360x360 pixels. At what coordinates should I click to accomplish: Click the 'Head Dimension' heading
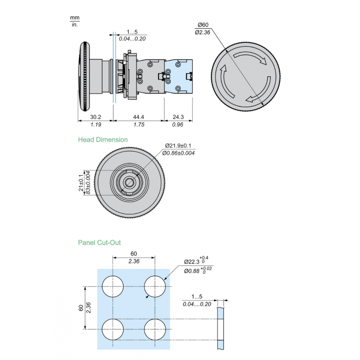(x=103, y=139)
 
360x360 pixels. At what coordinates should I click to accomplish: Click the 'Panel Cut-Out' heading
(x=99, y=243)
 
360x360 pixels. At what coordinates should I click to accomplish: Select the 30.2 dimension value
(x=95, y=117)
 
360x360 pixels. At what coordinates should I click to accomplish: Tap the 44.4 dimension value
(x=138, y=117)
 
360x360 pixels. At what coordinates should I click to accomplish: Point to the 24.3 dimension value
(x=178, y=117)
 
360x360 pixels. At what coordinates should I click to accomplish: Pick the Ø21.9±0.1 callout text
(x=178, y=146)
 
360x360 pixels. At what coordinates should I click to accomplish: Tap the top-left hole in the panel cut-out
(x=113, y=287)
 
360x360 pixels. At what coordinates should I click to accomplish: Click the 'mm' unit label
(x=75, y=18)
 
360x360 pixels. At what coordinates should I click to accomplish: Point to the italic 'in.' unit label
(x=75, y=24)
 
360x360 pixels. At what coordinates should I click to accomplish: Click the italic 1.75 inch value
(x=138, y=125)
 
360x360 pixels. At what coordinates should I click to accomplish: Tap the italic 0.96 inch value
(x=178, y=125)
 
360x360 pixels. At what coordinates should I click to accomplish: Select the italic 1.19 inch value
(x=95, y=125)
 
